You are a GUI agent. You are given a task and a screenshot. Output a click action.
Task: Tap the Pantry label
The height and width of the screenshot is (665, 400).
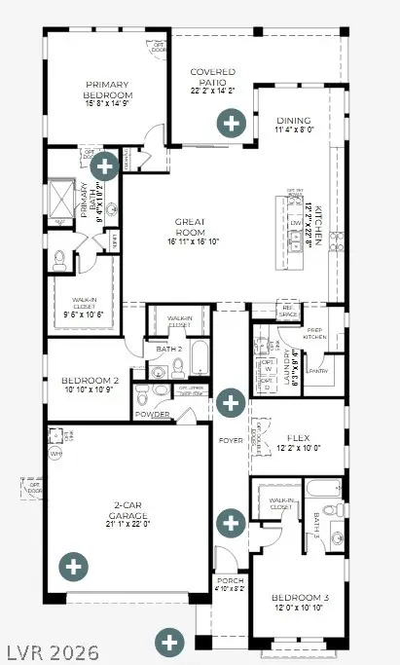point(319,370)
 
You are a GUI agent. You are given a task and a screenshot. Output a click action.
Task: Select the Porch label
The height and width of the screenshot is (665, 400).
point(231,583)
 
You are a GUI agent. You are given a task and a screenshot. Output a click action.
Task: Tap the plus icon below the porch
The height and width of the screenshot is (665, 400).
point(170,642)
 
